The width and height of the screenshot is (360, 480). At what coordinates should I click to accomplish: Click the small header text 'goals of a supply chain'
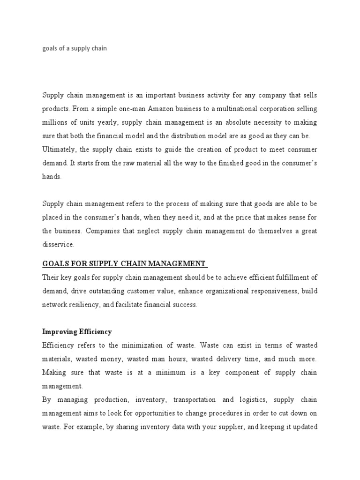[75, 48]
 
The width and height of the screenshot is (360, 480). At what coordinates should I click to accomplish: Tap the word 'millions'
[54, 122]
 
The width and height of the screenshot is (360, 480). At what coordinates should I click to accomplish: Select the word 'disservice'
[58, 245]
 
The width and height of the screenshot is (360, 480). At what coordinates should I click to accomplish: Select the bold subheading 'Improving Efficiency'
[77, 332]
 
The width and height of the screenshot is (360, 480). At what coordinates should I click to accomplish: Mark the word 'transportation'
[195, 400]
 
